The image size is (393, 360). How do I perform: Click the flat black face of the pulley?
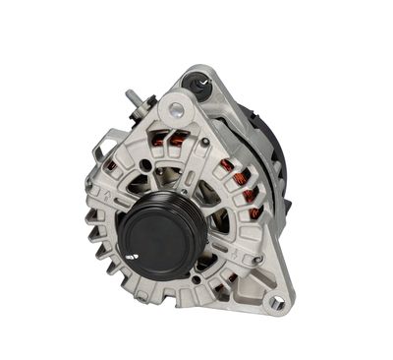[158, 233]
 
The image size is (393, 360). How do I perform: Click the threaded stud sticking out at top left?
[131, 98]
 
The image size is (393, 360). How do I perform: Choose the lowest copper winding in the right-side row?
[254, 210]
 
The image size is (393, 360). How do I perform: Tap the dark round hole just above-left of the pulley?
[145, 165]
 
